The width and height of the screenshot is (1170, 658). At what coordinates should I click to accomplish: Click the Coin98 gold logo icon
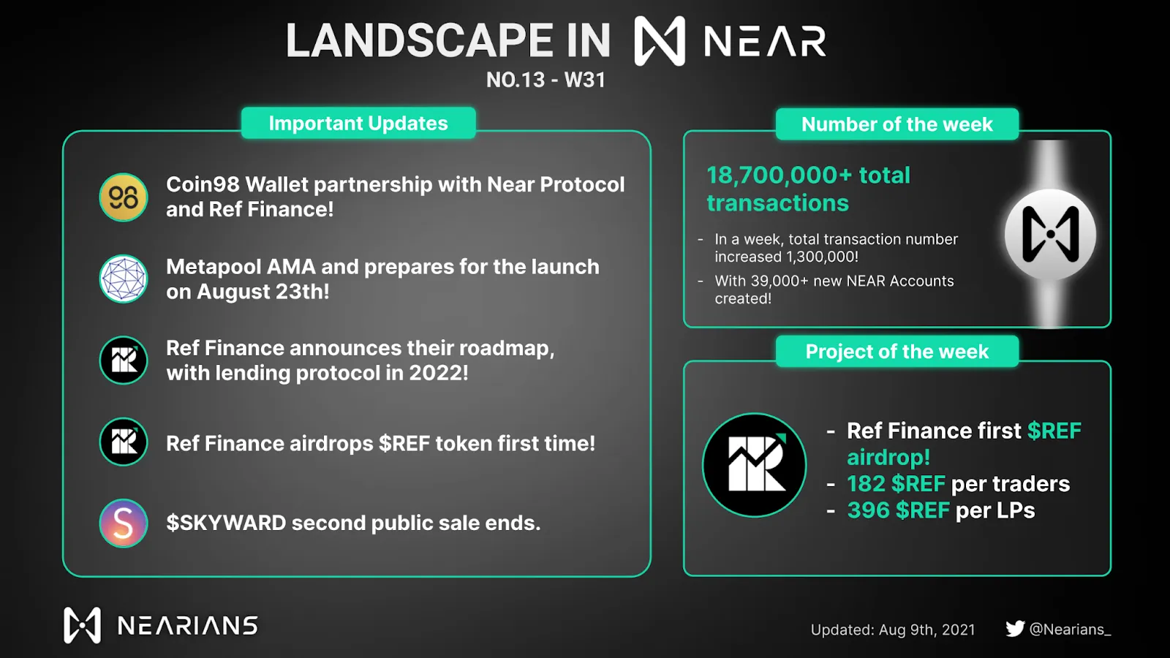(124, 197)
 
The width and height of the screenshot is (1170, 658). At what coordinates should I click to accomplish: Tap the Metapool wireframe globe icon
(124, 279)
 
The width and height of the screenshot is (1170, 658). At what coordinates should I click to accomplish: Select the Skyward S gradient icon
(124, 523)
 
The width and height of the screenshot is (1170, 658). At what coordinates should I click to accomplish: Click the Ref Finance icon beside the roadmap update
(124, 360)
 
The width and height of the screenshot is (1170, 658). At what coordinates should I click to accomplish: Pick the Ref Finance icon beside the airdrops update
(124, 442)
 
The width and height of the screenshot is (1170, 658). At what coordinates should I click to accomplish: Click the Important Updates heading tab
(358, 124)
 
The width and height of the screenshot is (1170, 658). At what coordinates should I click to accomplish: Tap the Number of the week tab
(897, 124)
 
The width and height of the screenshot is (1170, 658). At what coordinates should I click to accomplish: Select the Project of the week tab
(897, 352)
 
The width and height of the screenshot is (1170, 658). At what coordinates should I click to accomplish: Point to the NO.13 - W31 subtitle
(546, 80)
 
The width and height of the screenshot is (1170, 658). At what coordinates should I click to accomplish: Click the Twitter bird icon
(1015, 628)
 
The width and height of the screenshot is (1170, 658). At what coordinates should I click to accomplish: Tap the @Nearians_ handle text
(1070, 629)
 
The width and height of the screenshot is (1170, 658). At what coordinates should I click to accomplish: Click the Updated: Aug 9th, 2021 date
(893, 629)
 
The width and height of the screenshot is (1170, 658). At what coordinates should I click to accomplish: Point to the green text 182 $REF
(896, 484)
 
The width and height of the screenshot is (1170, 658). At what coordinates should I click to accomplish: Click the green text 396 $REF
(898, 510)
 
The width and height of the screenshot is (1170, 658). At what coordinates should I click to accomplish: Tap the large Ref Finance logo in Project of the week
(754, 465)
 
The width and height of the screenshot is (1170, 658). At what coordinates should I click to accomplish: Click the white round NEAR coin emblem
(1050, 234)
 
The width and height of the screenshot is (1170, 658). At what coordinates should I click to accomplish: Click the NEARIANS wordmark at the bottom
(187, 626)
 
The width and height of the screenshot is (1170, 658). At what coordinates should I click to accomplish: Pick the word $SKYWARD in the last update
(226, 523)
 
